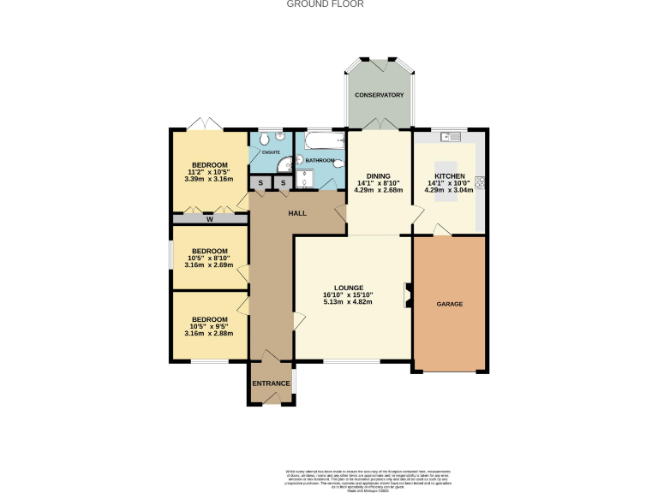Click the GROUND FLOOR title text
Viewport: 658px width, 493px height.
[325, 4]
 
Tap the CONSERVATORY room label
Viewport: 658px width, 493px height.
[379, 95]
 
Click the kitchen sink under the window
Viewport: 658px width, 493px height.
[451, 136]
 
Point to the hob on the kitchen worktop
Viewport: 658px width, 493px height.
[480, 181]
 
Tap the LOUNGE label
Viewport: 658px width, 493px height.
[349, 288]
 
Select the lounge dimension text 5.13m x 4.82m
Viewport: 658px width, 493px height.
[348, 302]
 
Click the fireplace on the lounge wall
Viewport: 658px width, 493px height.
[408, 295]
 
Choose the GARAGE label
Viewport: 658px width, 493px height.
[450, 304]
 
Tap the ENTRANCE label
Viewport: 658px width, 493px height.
[271, 383]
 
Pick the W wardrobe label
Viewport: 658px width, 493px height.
[209, 219]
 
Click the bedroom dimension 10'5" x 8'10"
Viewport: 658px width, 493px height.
[209, 258]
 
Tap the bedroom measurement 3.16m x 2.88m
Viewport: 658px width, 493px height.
[209, 333]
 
